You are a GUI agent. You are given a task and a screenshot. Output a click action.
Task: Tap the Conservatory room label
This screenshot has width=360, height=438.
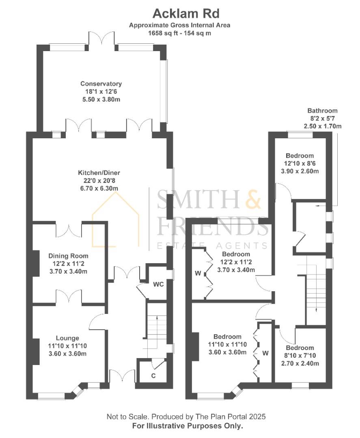[x=101, y=84]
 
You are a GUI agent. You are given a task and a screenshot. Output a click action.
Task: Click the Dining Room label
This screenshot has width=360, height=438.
[x=68, y=256]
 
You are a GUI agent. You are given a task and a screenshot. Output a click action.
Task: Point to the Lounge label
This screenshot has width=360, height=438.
[x=68, y=338]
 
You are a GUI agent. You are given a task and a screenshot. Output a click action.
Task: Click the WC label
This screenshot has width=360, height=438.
[x=158, y=284]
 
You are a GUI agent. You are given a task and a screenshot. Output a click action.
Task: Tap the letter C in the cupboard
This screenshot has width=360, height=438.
[x=153, y=376]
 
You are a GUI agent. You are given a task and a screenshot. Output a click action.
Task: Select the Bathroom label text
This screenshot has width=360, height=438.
[x=322, y=111]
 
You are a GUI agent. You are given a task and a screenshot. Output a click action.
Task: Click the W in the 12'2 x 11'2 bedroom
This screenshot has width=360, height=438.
[x=198, y=273]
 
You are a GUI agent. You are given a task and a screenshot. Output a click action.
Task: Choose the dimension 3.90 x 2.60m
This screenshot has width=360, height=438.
[x=300, y=171]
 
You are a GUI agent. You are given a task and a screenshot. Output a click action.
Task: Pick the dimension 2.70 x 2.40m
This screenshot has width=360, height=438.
[x=300, y=363]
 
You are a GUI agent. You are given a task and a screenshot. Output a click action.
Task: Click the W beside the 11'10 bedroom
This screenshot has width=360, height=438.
[x=265, y=353]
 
